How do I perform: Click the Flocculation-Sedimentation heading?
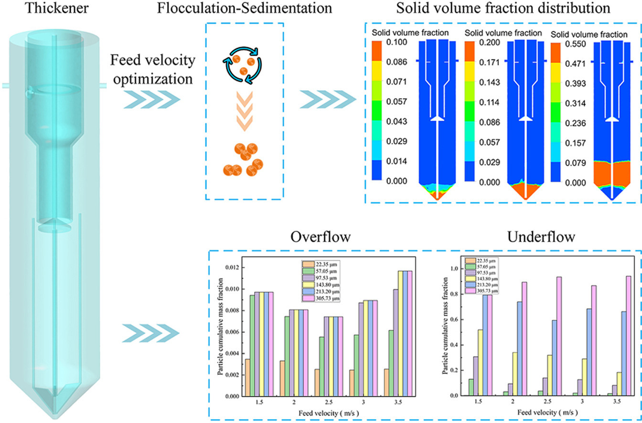244,9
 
